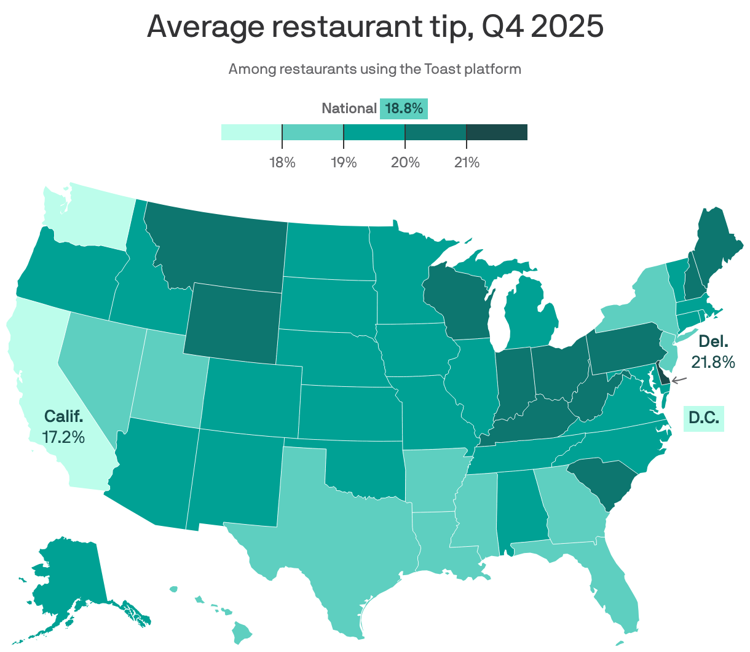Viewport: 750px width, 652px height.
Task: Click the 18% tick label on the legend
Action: click(282, 163)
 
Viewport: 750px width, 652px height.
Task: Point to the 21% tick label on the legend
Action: click(467, 163)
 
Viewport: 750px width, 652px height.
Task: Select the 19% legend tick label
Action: click(344, 163)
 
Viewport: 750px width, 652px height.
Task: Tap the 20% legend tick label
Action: click(405, 163)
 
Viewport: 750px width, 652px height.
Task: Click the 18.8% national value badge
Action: click(404, 109)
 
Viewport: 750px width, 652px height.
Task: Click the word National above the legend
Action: click(349, 109)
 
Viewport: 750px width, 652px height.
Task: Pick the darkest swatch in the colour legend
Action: click(497, 132)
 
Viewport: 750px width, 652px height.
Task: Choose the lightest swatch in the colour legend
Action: click(251, 132)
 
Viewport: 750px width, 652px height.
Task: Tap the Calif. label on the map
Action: click(63, 416)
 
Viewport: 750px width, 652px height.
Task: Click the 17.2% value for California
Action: click(63, 437)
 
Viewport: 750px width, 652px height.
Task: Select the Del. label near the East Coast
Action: click(713, 341)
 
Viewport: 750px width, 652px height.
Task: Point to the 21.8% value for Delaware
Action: click(713, 362)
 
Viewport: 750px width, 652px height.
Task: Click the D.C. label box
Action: click(704, 418)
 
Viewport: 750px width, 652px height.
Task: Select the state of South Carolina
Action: click(597, 480)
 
